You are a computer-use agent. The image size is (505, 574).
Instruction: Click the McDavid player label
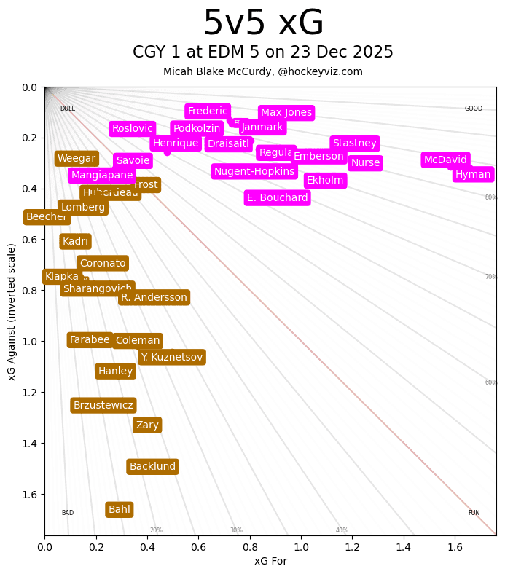pyautogui.click(x=445, y=160)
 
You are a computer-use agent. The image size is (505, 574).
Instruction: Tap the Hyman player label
pyautogui.click(x=473, y=174)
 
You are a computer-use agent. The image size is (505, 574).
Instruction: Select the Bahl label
pyautogui.click(x=120, y=510)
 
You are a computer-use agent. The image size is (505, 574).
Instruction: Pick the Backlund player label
pyautogui.click(x=152, y=467)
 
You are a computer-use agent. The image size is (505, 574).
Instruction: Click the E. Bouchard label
pyautogui.click(x=277, y=197)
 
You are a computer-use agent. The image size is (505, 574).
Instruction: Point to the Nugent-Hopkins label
pyautogui.click(x=254, y=171)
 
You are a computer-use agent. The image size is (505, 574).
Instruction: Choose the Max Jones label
pyautogui.click(x=286, y=113)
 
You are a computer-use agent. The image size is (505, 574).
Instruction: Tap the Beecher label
pyautogui.click(x=46, y=217)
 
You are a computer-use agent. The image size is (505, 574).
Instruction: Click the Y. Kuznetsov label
pyautogui.click(x=171, y=357)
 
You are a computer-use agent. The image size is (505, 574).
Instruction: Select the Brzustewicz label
pyautogui.click(x=103, y=405)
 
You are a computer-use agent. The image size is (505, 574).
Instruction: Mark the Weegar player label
pyautogui.click(x=77, y=158)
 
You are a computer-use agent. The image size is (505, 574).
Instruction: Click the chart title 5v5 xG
pyautogui.click(x=263, y=23)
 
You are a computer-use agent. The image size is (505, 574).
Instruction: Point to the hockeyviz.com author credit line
pyautogui.click(x=263, y=71)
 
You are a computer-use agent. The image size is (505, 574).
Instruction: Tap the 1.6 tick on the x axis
pyautogui.click(x=455, y=546)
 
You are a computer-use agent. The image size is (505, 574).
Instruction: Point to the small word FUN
pyautogui.click(x=474, y=513)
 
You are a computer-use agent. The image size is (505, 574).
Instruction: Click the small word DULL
pyautogui.click(x=68, y=109)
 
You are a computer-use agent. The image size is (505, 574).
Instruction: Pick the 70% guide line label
pyautogui.click(x=491, y=277)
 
